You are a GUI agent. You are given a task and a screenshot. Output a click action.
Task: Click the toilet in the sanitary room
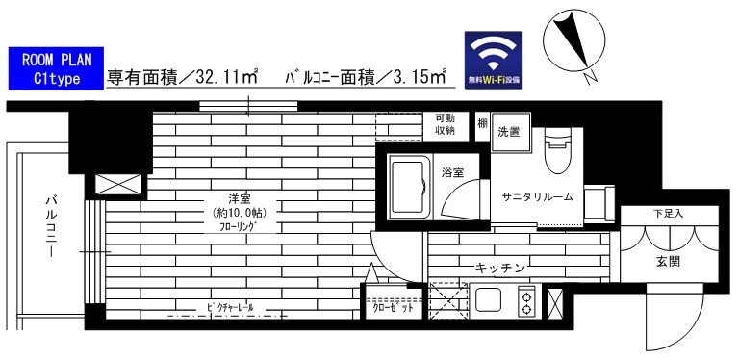click(558, 153)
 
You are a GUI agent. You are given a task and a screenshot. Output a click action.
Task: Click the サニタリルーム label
click(537, 196)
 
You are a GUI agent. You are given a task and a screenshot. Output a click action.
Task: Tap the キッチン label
click(498, 269)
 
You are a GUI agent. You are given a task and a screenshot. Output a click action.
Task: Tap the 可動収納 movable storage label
click(445, 123)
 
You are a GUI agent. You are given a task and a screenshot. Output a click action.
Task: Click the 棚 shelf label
click(481, 125)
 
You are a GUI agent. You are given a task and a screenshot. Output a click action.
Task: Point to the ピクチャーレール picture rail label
click(228, 307)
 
